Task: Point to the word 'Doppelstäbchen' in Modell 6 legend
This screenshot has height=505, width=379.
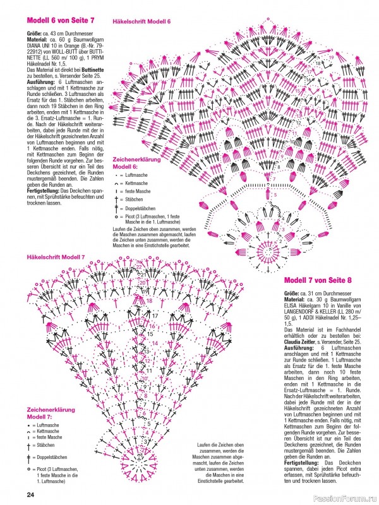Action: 139,207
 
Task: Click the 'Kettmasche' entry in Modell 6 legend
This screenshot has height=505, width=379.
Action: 135,182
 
